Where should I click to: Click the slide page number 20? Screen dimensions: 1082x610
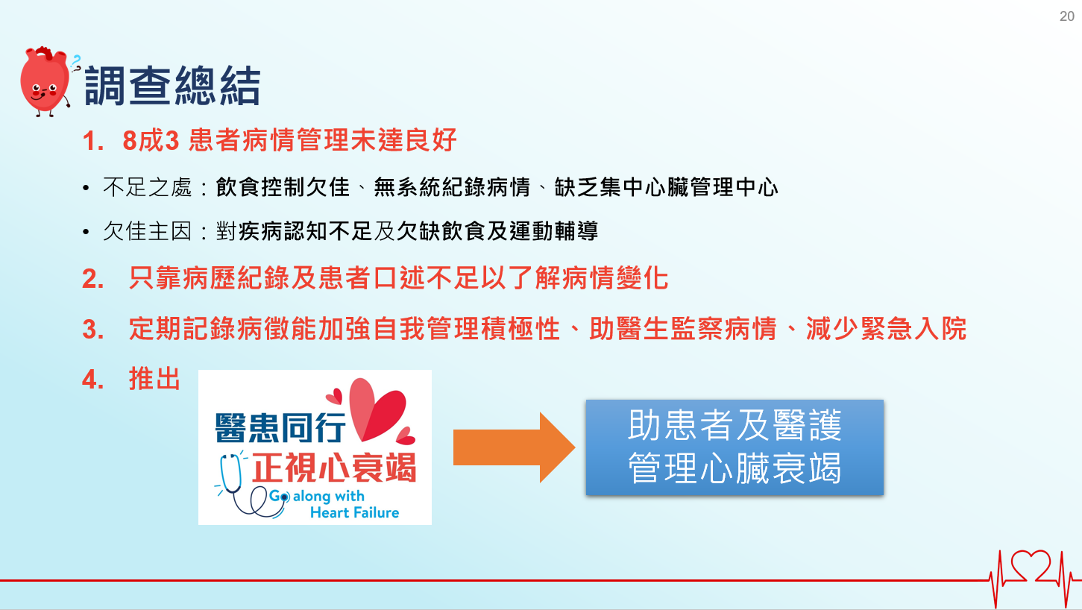pyautogui.click(x=1066, y=16)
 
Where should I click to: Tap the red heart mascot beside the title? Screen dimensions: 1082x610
pyautogui.click(x=45, y=81)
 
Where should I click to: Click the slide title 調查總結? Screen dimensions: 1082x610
pyautogui.click(x=172, y=86)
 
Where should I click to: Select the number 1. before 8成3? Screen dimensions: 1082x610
pyautogui.click(x=92, y=141)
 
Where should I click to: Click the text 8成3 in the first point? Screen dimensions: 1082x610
pyautogui.click(x=151, y=140)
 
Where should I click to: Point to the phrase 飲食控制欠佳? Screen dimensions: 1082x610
pyautogui.click(x=283, y=187)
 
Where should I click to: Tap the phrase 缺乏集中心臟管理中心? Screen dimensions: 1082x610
pyautogui.click(x=666, y=187)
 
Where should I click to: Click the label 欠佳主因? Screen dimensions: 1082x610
pyautogui.click(x=148, y=231)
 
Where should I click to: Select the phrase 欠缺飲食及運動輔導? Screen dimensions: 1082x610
pyautogui.click(x=497, y=231)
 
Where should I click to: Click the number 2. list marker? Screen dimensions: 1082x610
pyautogui.click(x=93, y=279)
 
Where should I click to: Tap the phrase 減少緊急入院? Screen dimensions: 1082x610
pyautogui.click(x=886, y=329)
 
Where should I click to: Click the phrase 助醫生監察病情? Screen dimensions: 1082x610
pyautogui.click(x=682, y=329)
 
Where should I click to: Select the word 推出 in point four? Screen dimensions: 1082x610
pyautogui.click(x=154, y=379)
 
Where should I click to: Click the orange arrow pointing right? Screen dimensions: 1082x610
pyautogui.click(x=514, y=447)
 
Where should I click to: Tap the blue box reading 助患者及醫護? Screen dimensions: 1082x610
pyautogui.click(x=735, y=447)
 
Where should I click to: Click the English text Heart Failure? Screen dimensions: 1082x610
pyautogui.click(x=354, y=512)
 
